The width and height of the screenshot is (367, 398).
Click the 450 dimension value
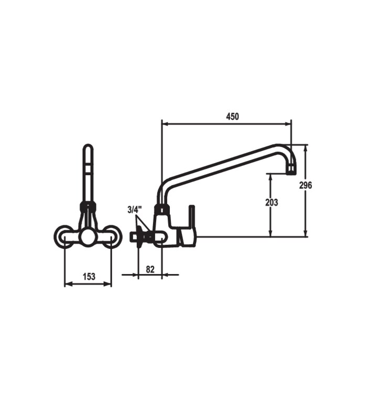click(x=232, y=117)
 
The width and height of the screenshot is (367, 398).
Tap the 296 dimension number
click(x=305, y=185)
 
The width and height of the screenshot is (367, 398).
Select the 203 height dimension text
click(x=272, y=202)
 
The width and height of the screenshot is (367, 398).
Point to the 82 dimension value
click(x=150, y=269)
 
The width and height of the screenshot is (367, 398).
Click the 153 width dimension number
click(x=89, y=277)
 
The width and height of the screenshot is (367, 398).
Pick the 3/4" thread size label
click(x=135, y=210)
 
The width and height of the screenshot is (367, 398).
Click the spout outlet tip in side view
click(x=292, y=170)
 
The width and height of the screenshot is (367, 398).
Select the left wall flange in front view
click(x=63, y=236)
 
